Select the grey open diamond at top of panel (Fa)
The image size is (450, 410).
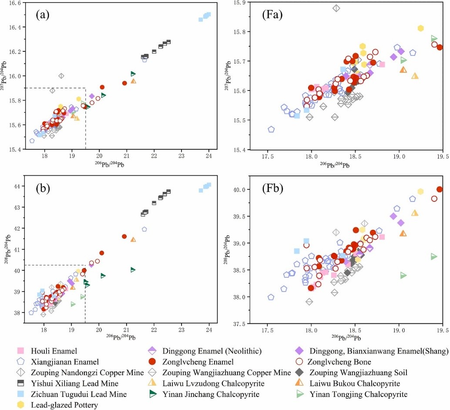(x=336, y=8)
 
